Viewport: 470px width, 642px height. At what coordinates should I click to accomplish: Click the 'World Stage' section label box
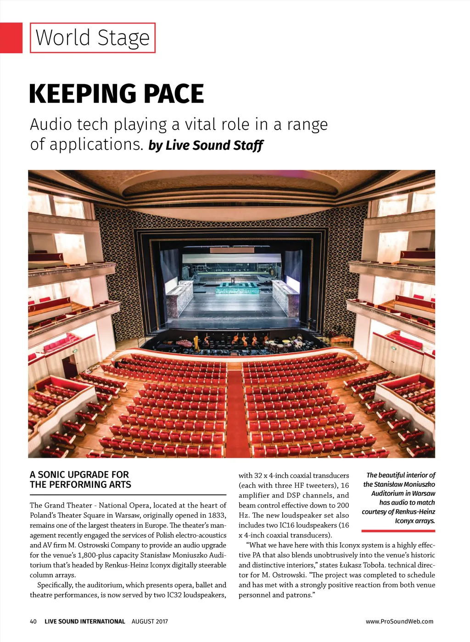coord(92,38)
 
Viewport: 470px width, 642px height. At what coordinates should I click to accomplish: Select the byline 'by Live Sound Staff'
coord(206,145)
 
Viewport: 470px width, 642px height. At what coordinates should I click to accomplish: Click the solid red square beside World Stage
coord(11,38)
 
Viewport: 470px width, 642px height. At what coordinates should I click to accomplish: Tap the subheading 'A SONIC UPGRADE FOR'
coord(79,474)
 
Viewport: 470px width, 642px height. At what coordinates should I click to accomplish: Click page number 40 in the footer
coord(33,621)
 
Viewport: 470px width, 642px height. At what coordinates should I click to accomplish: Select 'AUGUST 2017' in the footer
coord(150,621)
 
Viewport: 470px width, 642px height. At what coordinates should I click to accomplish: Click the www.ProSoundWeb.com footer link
coord(399,621)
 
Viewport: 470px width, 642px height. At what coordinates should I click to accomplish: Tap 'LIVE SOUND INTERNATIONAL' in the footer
coord(84,621)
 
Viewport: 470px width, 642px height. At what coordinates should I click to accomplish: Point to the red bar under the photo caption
coord(398,531)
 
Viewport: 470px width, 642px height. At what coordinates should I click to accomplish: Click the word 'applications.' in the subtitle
coord(87,144)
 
